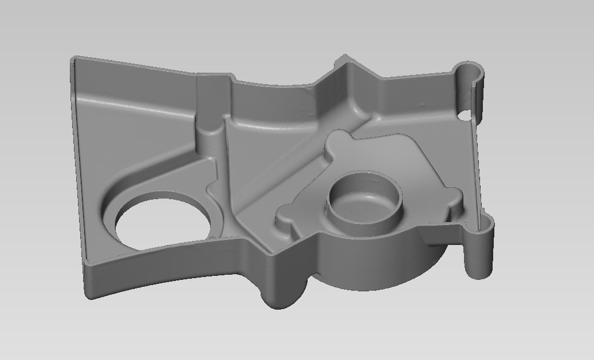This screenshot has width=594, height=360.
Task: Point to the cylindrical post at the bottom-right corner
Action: click(481, 252)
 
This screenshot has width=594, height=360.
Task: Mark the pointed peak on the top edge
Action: click(344, 57)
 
